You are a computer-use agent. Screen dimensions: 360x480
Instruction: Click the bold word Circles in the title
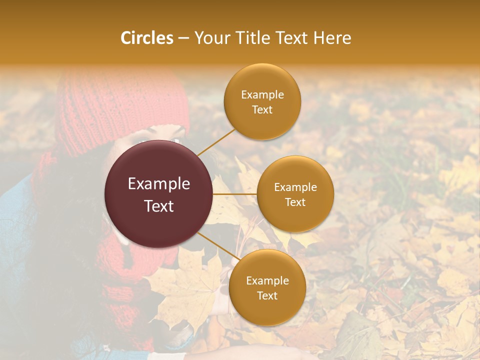point(147,38)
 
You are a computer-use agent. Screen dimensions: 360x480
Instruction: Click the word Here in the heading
point(332,38)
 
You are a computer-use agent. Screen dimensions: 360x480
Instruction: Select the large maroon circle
point(159,194)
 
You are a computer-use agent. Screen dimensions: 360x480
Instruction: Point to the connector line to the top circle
point(216,142)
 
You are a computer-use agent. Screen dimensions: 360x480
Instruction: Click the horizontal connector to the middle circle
point(235,194)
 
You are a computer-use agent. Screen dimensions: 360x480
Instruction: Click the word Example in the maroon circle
point(159,184)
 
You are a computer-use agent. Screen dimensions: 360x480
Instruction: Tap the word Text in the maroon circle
point(159,206)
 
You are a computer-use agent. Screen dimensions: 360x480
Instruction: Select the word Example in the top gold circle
point(262,95)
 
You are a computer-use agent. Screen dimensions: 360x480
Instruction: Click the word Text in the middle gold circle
point(295,202)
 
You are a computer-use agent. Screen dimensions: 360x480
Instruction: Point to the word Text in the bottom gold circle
point(267,296)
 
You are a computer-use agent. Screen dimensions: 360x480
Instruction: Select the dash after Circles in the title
point(183,38)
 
